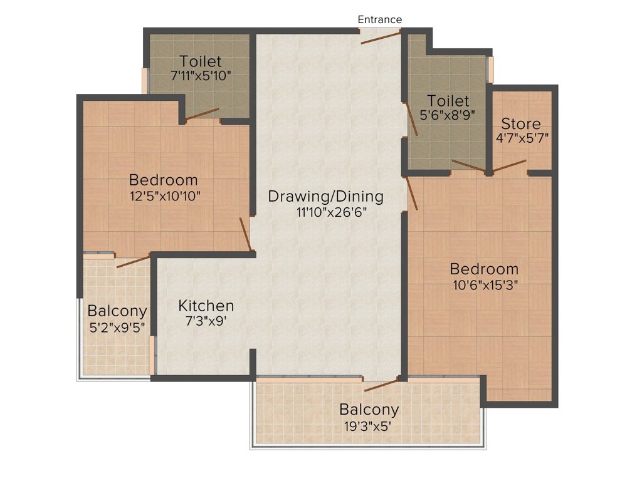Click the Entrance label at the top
click(x=379, y=19)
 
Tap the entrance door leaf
click(x=381, y=37)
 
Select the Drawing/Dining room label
click(x=326, y=197)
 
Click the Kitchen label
click(x=206, y=306)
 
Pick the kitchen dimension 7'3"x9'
click(x=206, y=321)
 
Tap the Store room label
click(x=521, y=123)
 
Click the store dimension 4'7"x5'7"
click(x=522, y=138)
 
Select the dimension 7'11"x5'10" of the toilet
click(x=201, y=76)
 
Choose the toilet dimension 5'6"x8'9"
click(x=448, y=115)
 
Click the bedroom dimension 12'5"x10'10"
click(x=165, y=196)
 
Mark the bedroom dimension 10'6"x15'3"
click(x=485, y=285)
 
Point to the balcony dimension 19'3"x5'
click(x=367, y=427)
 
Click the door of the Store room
click(x=509, y=167)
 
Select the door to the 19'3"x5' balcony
click(x=381, y=385)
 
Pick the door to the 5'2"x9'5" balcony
click(x=133, y=261)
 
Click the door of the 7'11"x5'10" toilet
click(x=202, y=115)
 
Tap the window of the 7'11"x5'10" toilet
click(x=145, y=81)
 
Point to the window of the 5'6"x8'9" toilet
click(x=490, y=69)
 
